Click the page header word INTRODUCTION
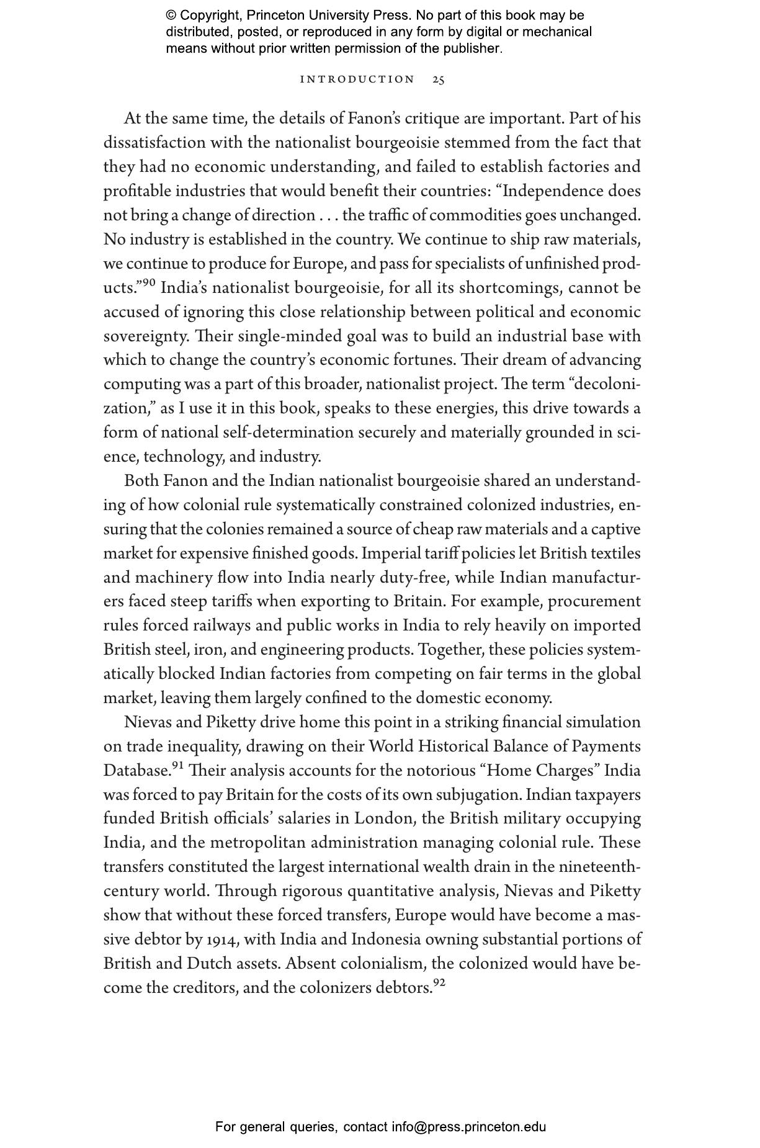[x=357, y=79]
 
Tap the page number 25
[x=438, y=79]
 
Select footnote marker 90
[x=149, y=284]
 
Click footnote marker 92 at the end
[x=439, y=983]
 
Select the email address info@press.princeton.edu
[x=468, y=1127]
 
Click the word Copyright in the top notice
[x=209, y=16]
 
